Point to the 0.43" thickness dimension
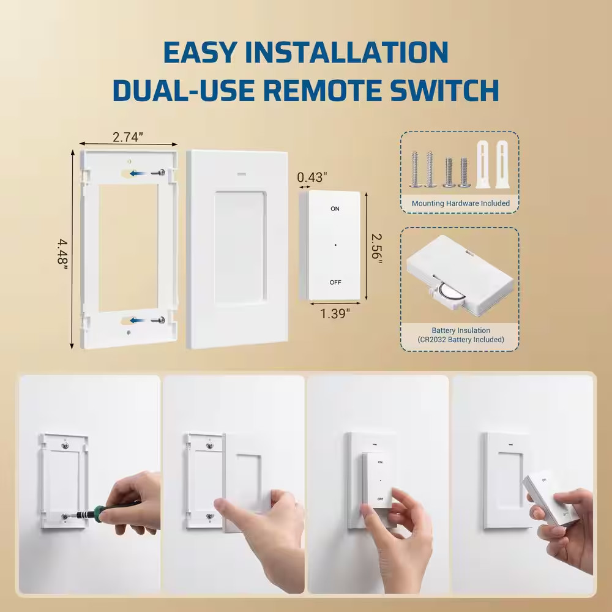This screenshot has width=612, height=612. (x=312, y=177)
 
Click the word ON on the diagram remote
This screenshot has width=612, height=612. (x=335, y=209)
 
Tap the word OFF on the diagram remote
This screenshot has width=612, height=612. (x=335, y=282)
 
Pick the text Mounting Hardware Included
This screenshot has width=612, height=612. (x=460, y=203)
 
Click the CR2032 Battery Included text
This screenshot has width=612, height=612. (x=460, y=339)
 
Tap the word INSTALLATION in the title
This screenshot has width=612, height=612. (x=306, y=53)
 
